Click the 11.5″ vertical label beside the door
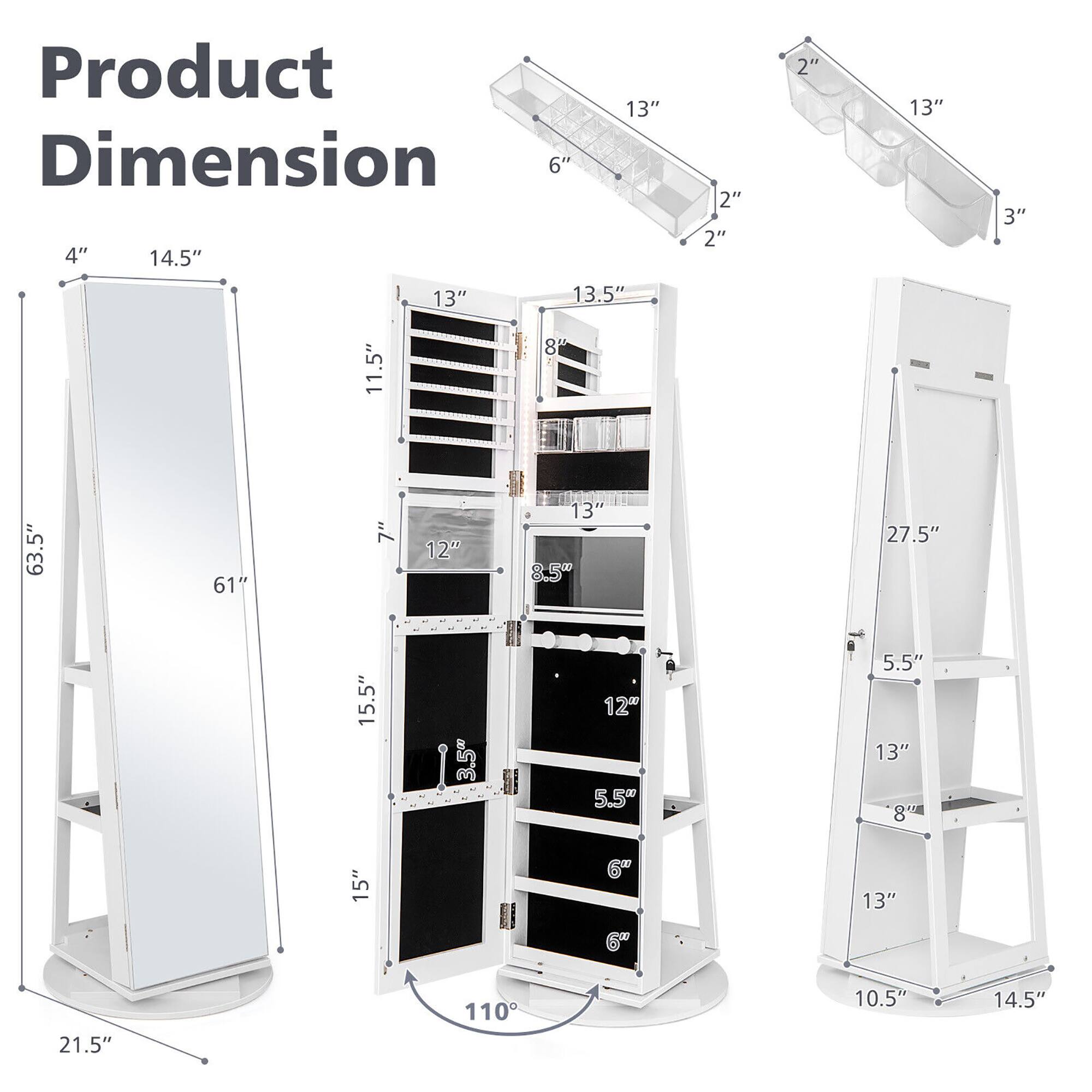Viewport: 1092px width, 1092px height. pos(373,367)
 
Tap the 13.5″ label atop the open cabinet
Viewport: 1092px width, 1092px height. pos(598,294)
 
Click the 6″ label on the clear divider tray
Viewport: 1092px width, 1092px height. pos(560,166)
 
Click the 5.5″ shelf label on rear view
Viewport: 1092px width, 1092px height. pos(904,662)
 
